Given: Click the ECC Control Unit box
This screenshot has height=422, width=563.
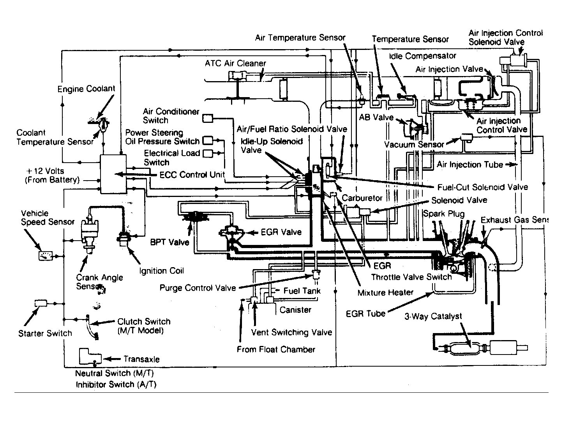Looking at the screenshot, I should coord(113,174).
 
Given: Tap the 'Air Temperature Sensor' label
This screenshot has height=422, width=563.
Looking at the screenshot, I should coord(300,38).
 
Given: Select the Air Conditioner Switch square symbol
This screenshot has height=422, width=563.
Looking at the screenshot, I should coord(208,118).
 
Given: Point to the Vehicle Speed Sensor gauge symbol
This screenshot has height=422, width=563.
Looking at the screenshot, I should coord(45,256).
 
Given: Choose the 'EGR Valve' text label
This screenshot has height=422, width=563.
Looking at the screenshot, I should coord(281,232).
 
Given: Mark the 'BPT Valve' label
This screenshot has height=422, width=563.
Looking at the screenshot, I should coord(169,242).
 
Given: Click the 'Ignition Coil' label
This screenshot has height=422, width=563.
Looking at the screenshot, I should coord(162,271).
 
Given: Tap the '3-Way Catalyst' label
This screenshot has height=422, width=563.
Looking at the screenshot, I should coord(433,316).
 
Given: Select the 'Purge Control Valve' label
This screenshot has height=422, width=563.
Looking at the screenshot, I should coord(198,288).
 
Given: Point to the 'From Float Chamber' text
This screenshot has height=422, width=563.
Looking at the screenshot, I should coord(276,349).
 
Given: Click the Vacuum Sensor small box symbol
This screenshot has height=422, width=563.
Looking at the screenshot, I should coord(466,137).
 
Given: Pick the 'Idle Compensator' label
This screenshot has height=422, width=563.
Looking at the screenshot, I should coord(422,56).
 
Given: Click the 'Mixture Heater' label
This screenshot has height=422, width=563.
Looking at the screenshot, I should coord(385,292).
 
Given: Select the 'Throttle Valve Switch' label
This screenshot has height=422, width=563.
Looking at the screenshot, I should coord(411,277).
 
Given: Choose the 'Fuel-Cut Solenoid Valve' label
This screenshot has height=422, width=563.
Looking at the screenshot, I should coord(482,187).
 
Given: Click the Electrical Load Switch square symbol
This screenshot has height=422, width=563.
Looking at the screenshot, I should coord(208,154).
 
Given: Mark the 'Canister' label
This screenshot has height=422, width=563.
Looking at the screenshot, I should coord(295,310).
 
